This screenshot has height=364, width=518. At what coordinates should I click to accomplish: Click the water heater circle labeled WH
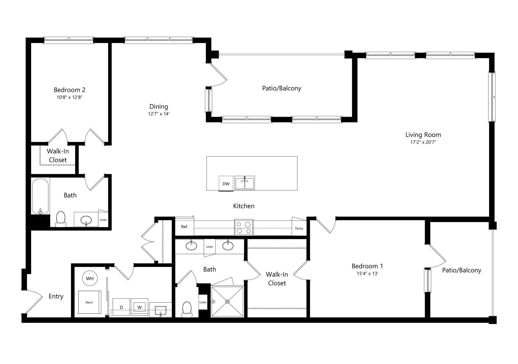click(x=90, y=278)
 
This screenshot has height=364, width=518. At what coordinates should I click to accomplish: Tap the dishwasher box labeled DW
click(x=226, y=184)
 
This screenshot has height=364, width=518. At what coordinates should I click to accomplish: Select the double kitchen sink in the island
click(x=244, y=183)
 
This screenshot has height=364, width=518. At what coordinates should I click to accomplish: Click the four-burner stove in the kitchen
click(x=244, y=227)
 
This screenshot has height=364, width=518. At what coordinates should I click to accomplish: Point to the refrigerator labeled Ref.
click(x=185, y=226)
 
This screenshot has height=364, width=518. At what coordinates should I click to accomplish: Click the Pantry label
click(x=299, y=228)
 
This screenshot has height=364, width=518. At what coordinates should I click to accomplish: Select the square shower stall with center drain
click(x=228, y=301)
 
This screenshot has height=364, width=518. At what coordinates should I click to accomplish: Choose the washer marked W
click(x=139, y=307)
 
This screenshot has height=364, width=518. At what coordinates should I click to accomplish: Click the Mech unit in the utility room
click(x=90, y=302)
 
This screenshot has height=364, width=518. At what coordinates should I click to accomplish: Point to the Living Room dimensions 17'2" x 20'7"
click(x=423, y=142)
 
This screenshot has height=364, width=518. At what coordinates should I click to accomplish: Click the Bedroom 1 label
click(x=367, y=266)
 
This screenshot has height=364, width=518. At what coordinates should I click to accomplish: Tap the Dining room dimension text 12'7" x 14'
click(x=159, y=114)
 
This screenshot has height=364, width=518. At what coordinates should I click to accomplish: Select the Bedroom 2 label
click(x=70, y=90)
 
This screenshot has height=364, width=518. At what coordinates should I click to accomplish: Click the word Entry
click(x=56, y=296)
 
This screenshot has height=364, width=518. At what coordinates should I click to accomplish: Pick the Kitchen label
click(x=244, y=206)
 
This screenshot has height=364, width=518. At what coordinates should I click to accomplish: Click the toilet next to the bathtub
click(x=61, y=219)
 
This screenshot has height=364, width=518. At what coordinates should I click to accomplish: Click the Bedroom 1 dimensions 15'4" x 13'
click(x=367, y=273)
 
